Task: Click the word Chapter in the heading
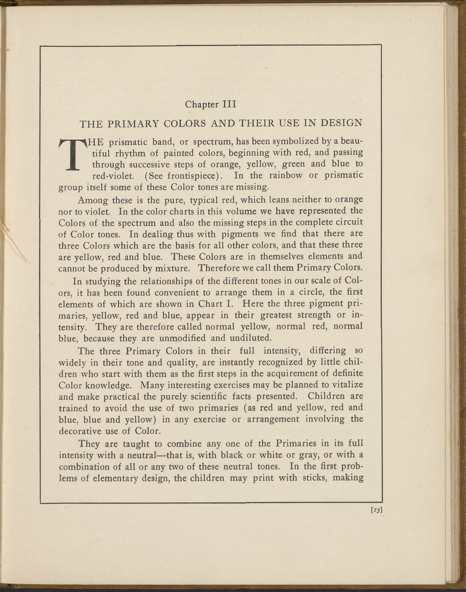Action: pos(200,104)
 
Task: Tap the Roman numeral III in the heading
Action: pos(228,104)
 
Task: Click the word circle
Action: pos(306,292)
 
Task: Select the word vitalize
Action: pos(345,385)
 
